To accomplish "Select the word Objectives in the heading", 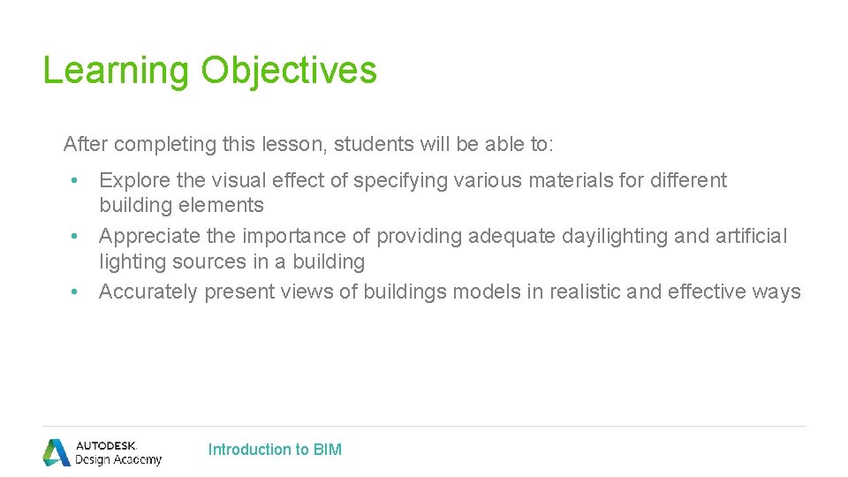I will point(289,71).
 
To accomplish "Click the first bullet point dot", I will point(76,181).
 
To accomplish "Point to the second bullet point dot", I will point(76,238).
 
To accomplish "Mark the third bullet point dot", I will point(76,292).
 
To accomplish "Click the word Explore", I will point(134,181).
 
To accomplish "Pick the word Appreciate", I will point(149,237).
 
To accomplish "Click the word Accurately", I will point(148,292).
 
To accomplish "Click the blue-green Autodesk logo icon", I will point(57,451).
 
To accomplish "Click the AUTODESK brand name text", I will point(107,445).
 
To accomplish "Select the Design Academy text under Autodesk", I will point(118,459).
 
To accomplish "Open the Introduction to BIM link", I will point(275,450).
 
